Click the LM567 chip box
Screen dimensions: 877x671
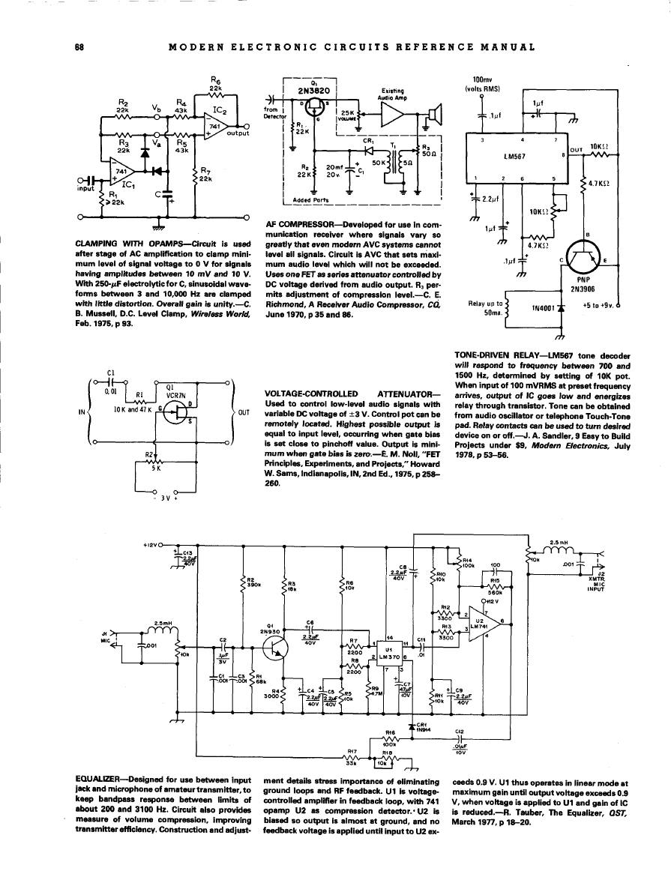pos(518,158)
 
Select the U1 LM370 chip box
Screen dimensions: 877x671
pos(389,652)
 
